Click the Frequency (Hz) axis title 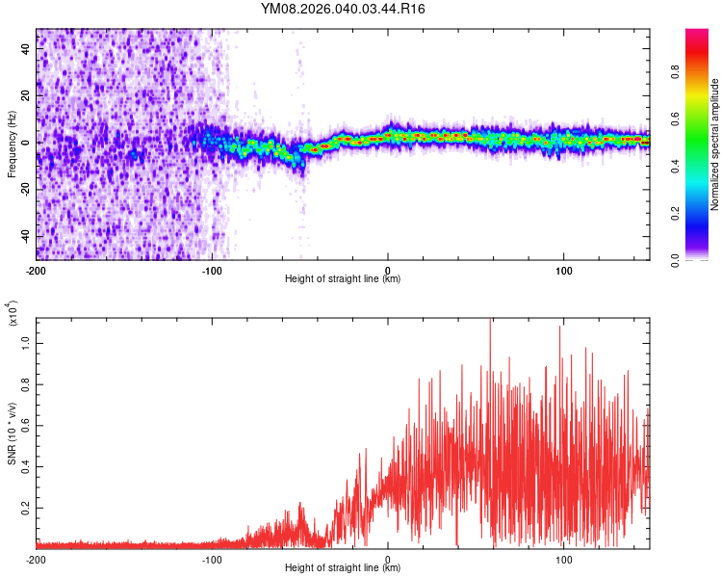coord(12,144)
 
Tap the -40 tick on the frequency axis coord(25,236)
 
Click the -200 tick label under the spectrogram coord(36,270)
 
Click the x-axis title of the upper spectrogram coord(343,279)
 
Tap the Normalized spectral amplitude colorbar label coord(715,144)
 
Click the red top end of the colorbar coord(697,34)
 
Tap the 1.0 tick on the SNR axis coord(27,343)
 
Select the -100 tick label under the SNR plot coord(212,559)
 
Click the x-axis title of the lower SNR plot coord(343,568)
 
